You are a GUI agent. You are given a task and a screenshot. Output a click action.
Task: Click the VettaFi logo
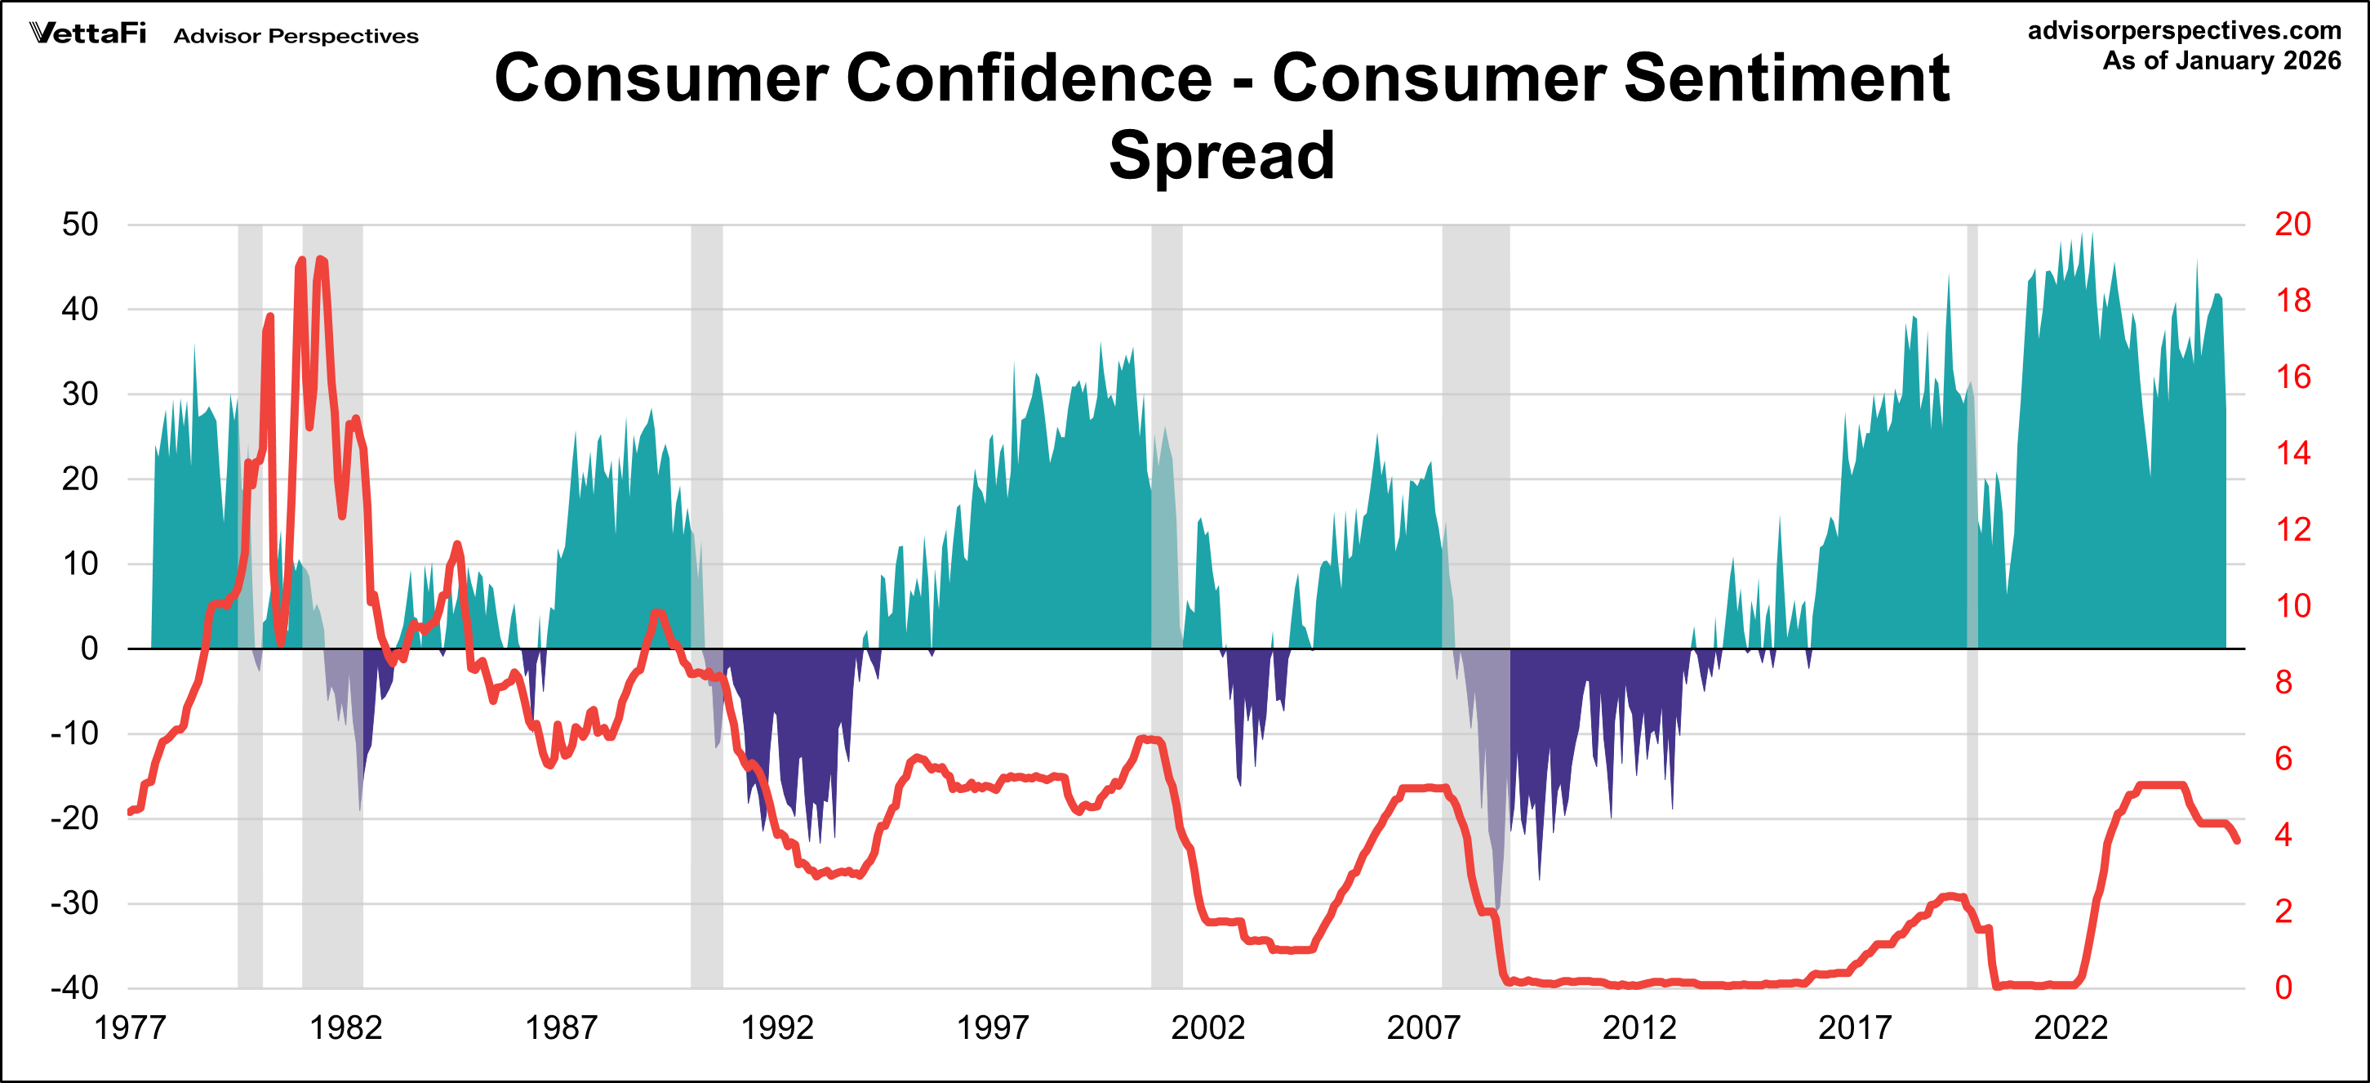pyautogui.click(x=87, y=33)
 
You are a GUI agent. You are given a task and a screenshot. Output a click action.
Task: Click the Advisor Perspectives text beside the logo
pyautogui.click(x=296, y=36)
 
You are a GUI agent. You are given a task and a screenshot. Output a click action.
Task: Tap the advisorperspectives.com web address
pyautogui.click(x=2184, y=30)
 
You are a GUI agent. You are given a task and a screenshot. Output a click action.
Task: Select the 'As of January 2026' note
pyautogui.click(x=2221, y=60)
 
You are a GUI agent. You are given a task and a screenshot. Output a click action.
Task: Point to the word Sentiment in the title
pyautogui.click(x=1785, y=78)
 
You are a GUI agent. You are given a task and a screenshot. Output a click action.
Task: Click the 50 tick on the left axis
pyautogui.click(x=80, y=225)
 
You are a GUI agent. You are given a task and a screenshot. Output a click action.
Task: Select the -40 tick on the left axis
pyautogui.click(x=74, y=988)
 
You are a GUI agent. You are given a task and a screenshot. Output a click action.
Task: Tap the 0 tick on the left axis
pyautogui.click(x=89, y=648)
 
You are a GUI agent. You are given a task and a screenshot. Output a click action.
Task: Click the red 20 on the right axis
pyautogui.click(x=2292, y=225)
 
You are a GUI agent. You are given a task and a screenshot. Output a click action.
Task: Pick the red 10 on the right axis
pyautogui.click(x=2292, y=606)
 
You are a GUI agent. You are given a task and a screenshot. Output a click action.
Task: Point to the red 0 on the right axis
pyautogui.click(x=2283, y=988)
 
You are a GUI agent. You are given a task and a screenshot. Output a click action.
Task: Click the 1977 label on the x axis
pyautogui.click(x=130, y=1027)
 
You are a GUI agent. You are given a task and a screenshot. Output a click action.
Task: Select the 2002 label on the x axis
pyautogui.click(x=1207, y=1027)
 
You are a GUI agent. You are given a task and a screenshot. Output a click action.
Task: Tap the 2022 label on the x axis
pyautogui.click(x=2070, y=1027)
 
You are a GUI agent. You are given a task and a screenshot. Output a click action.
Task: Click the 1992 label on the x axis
pyautogui.click(x=776, y=1027)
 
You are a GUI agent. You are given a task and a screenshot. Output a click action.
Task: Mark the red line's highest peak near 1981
pyautogui.click(x=320, y=260)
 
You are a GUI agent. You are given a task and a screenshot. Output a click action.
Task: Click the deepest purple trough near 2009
pyautogui.click(x=1497, y=907)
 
